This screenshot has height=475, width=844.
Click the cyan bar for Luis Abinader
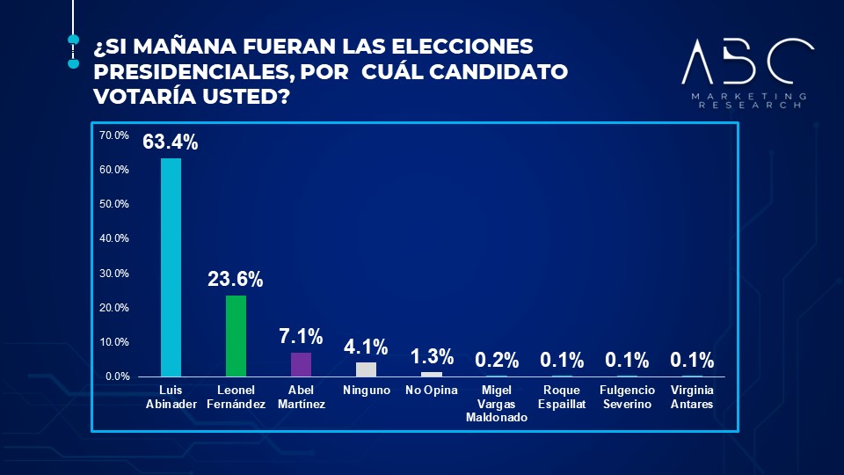tap(171, 267)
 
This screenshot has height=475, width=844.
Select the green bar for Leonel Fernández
tap(236, 336)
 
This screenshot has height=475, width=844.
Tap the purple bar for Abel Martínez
tap(301, 364)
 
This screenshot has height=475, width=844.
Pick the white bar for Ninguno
tap(366, 369)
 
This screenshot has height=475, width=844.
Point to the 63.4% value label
tap(171, 142)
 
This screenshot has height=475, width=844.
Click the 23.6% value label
tap(236, 280)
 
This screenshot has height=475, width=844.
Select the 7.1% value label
tap(301, 337)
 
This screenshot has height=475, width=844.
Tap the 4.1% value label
tap(366, 347)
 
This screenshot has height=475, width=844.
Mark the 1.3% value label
tap(432, 356)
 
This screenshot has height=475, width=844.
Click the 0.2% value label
tap(497, 360)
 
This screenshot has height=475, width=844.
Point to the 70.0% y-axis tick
tap(114, 135)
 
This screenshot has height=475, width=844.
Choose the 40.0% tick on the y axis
tap(114, 238)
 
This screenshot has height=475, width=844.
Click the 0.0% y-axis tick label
tap(117, 376)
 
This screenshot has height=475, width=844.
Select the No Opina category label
tap(432, 391)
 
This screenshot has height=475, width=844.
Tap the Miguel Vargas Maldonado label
tap(497, 404)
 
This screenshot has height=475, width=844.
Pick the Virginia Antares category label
tap(692, 397)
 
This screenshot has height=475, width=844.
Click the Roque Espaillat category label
tap(562, 397)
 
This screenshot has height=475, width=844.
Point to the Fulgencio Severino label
tap(627, 397)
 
